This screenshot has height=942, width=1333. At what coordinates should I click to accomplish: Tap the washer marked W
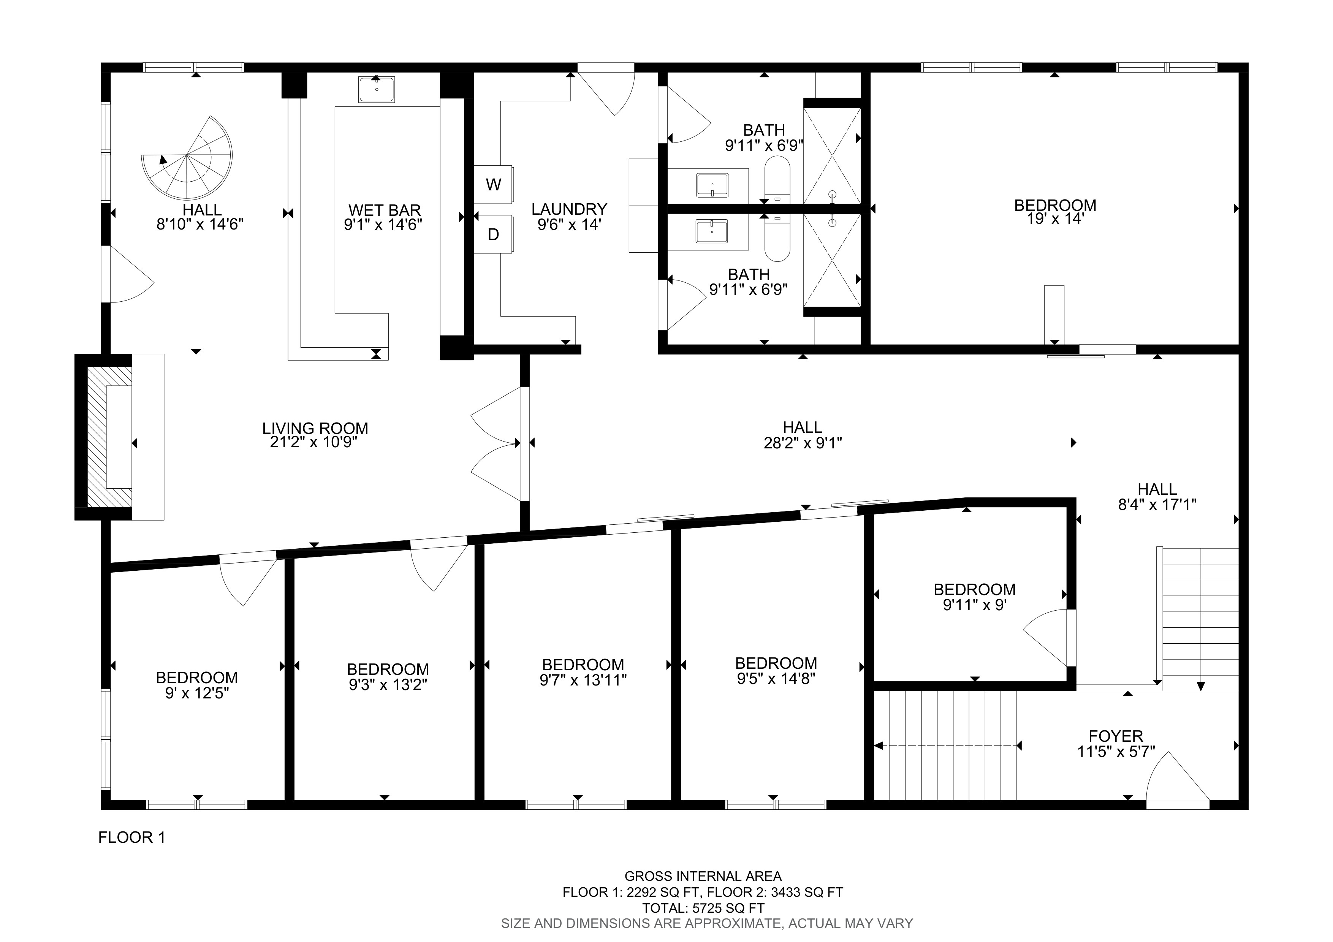click(x=493, y=185)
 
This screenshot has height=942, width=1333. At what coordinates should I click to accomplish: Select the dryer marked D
click(x=493, y=234)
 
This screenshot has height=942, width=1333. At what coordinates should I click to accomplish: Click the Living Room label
click(x=315, y=428)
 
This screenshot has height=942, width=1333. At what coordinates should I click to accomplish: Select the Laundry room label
click(x=569, y=209)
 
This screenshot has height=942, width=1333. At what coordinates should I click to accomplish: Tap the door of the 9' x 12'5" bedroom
click(x=247, y=580)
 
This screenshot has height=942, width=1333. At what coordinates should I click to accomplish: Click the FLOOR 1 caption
click(x=132, y=838)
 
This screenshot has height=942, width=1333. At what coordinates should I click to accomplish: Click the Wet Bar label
click(x=384, y=210)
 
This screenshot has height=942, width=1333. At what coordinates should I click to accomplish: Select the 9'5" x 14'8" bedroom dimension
click(x=776, y=679)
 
